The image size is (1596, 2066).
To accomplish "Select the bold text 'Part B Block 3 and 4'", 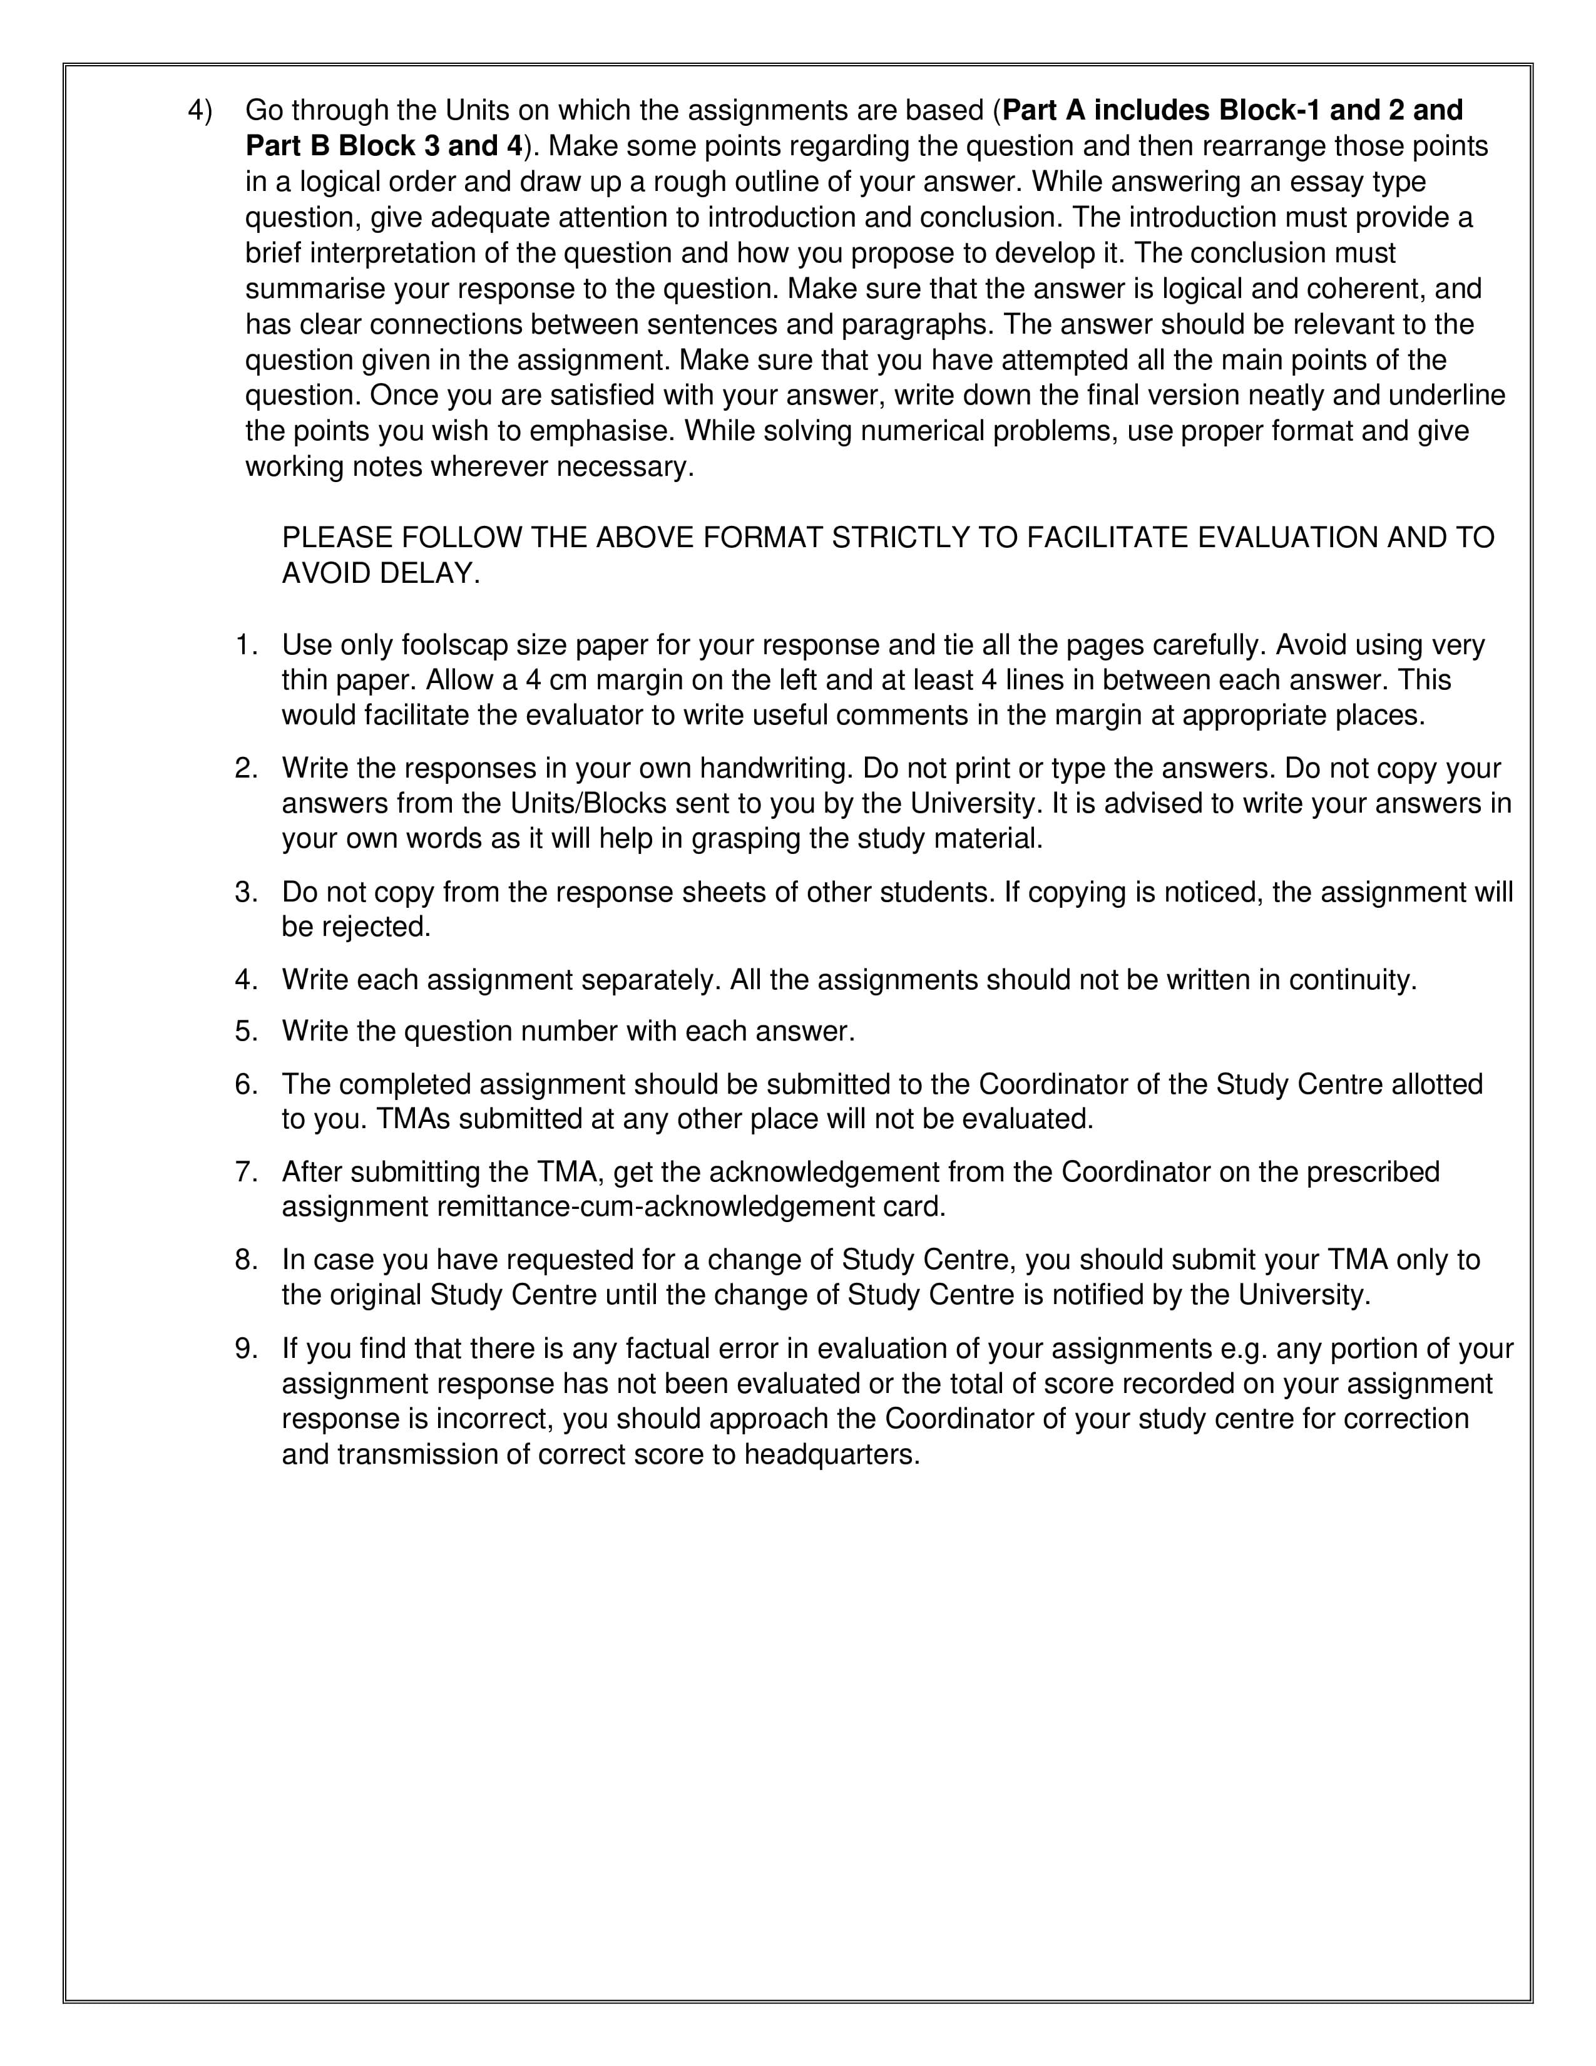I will (x=383, y=146).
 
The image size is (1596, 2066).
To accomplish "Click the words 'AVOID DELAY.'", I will (x=381, y=573).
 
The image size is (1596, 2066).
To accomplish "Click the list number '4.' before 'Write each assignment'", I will (x=246, y=979).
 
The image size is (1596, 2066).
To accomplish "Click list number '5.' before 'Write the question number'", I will (x=246, y=1031).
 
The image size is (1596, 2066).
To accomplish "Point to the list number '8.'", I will (x=246, y=1260).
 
